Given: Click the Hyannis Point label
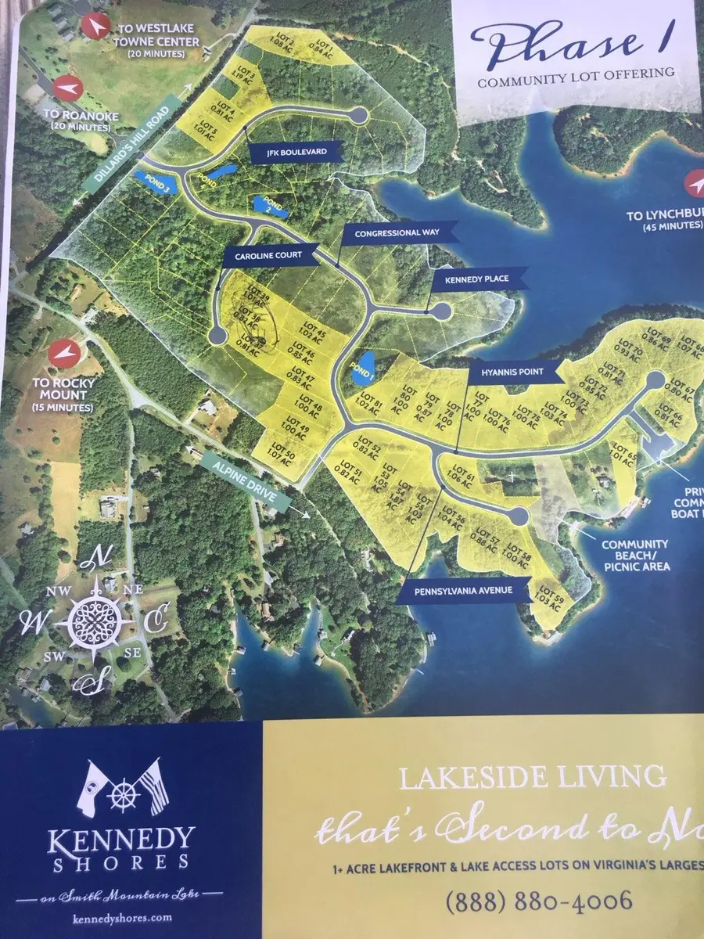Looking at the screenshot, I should click(512, 372).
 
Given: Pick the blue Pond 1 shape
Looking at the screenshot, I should click(362, 367).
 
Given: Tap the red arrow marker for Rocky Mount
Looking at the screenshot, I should click(63, 354).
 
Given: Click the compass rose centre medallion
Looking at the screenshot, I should click(93, 620).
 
